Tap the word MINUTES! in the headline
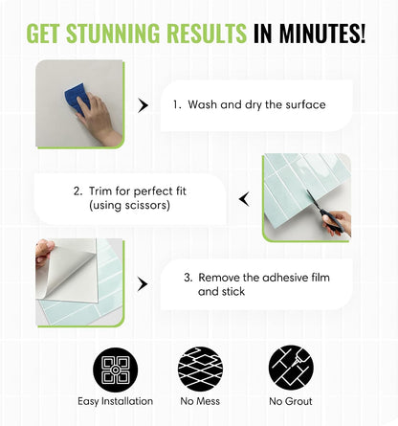point(322,34)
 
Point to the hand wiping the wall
point(98,119)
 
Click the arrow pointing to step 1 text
point(143,105)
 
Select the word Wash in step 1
point(203,104)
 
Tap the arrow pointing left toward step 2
point(244,199)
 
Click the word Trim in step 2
point(100,191)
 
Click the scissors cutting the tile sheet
point(322,210)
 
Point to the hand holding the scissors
point(337,223)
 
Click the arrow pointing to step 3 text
point(143,284)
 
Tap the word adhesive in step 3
point(283,278)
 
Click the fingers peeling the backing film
point(44,252)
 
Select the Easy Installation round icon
point(116,370)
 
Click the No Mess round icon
point(200,369)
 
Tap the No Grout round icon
point(291,368)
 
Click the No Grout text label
point(291,401)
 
